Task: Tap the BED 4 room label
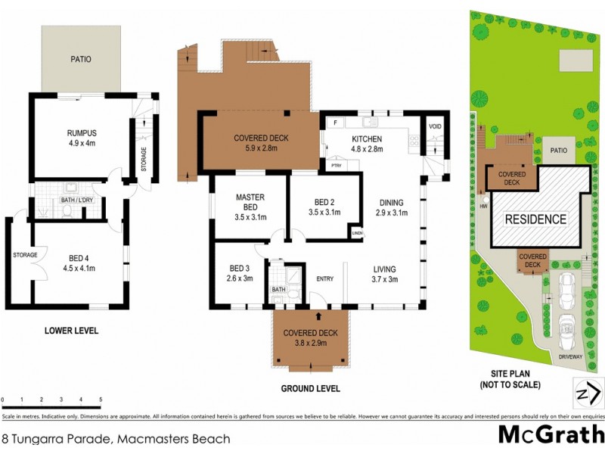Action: (x=79, y=257)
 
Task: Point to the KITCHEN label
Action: (x=367, y=139)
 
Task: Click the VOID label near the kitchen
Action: (x=435, y=126)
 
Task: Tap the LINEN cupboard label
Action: (x=357, y=233)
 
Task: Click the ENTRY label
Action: (x=324, y=279)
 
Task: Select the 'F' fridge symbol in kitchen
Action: (x=334, y=121)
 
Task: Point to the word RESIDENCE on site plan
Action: (x=535, y=219)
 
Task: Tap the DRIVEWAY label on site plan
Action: (x=571, y=356)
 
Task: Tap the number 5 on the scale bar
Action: (x=100, y=399)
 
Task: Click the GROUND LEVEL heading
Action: (x=310, y=388)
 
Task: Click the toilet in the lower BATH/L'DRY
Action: (x=67, y=211)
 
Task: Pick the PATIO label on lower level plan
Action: (x=81, y=58)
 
